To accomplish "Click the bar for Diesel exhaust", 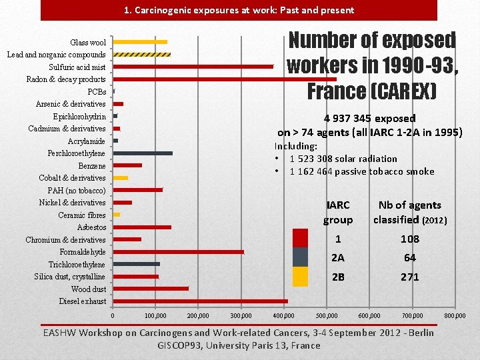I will coord(200,301).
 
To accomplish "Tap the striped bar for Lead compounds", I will coord(142,54).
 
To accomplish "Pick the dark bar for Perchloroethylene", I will coord(143,153).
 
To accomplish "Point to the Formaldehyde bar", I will coord(179,252).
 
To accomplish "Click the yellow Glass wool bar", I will coord(140,42).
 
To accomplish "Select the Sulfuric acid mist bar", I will coord(193,67).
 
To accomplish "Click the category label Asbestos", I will coord(91,227).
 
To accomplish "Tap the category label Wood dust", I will coord(89,289).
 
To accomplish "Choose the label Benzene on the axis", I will coord(92,166).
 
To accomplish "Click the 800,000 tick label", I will coord(455,315).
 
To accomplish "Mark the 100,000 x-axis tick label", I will coord(155,315).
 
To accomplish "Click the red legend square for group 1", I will coord(301,238).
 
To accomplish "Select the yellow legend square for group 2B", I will coord(301,276).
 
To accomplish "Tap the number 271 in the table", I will coord(409,277).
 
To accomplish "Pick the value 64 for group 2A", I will coord(409,258).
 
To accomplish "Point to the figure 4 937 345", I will coord(349,119).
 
